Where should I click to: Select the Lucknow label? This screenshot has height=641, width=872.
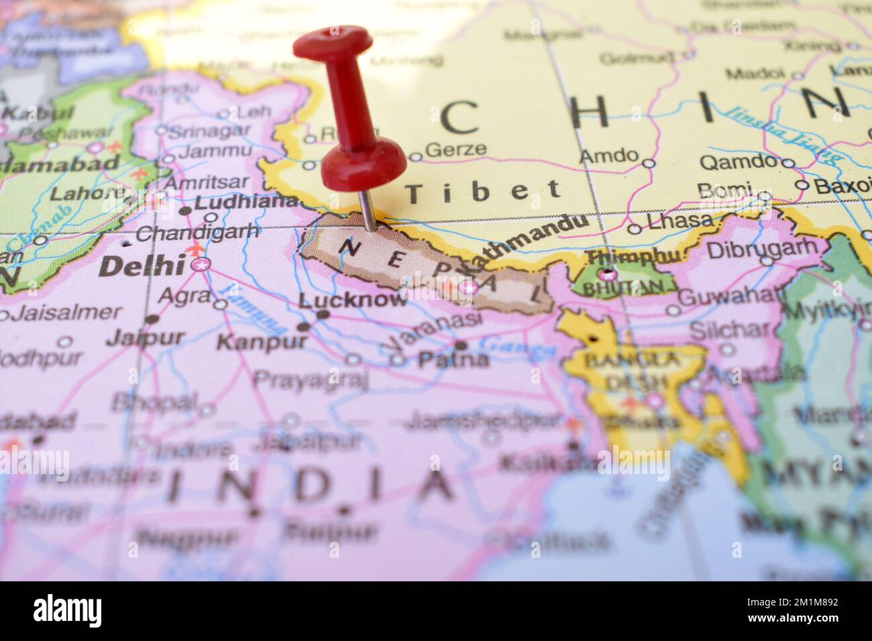[x=353, y=300]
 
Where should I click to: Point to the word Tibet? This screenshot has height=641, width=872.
[x=484, y=191]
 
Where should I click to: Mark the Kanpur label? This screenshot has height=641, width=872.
[x=262, y=341]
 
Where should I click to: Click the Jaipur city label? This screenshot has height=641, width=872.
[x=145, y=337]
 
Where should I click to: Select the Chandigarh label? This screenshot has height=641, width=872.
[x=198, y=233]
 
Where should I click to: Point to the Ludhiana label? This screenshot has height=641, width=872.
[x=246, y=201]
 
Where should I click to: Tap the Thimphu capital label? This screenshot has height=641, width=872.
[x=633, y=257]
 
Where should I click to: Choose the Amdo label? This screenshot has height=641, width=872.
[x=608, y=156]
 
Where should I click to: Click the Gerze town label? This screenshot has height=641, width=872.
[x=456, y=149]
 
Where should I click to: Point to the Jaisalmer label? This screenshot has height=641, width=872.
[x=68, y=312]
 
